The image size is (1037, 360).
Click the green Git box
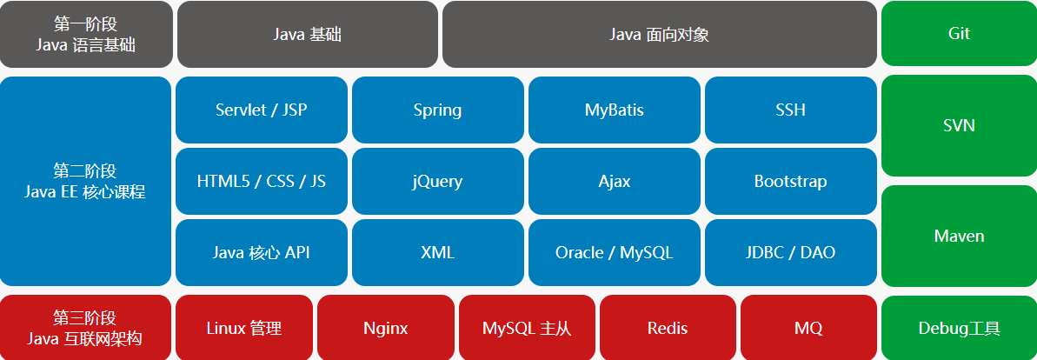tap(959, 34)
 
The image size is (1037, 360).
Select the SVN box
tap(959, 126)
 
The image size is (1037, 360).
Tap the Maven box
tap(959, 236)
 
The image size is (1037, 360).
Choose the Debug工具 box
tap(959, 328)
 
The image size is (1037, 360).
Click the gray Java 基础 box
tap(307, 34)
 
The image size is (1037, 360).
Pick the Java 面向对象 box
tap(659, 34)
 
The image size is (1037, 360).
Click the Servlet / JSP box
tap(261, 110)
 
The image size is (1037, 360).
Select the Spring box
tap(437, 110)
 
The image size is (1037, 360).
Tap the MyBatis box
tap(614, 110)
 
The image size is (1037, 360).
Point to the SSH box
tap(790, 110)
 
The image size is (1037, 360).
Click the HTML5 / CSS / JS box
tap(261, 181)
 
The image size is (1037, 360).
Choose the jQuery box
tap(437, 181)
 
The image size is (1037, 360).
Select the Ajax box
tap(614, 181)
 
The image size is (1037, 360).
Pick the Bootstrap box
tap(790, 181)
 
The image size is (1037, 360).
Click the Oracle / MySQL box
tap(614, 252)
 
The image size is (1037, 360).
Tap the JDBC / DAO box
tap(790, 252)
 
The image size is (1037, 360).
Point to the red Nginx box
tap(385, 328)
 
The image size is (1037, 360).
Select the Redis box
tap(667, 328)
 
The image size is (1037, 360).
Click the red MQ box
tap(808, 328)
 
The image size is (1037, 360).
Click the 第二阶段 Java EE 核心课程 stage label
tap(85, 181)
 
